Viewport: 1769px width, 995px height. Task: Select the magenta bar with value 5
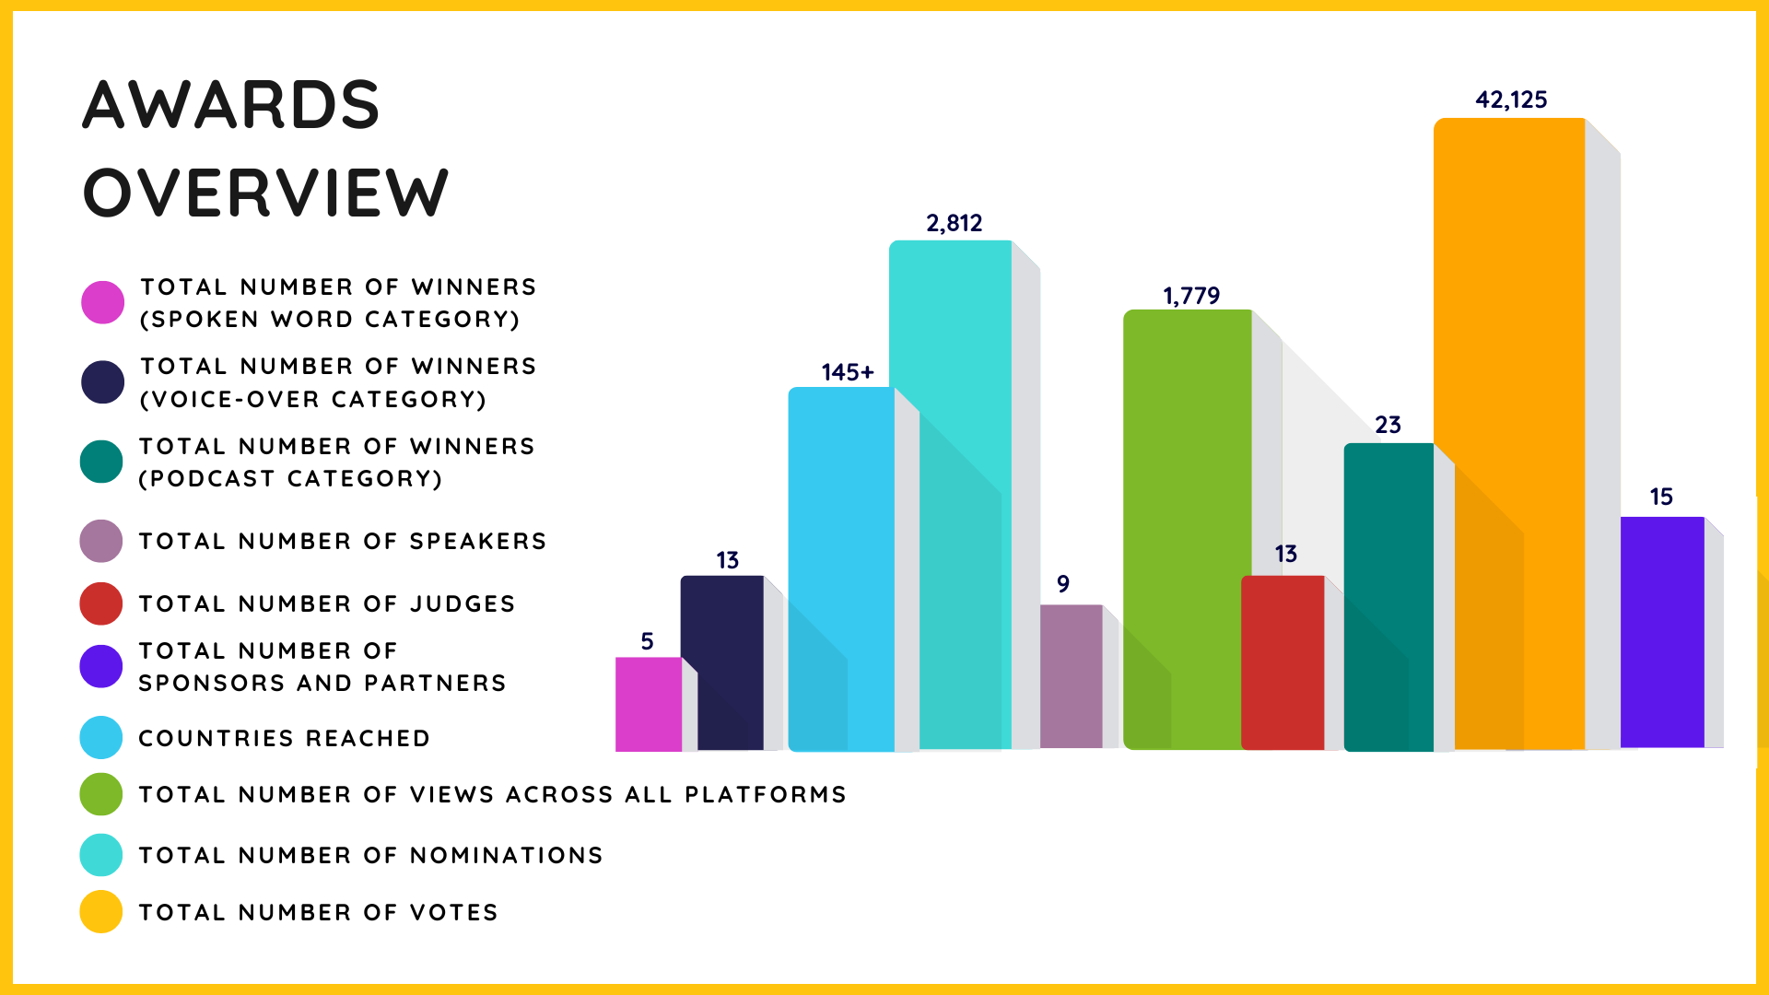coord(648,704)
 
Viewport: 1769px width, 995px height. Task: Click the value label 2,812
coord(954,223)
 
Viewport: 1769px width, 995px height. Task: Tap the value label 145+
coord(847,372)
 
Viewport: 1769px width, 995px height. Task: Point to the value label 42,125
coord(1511,99)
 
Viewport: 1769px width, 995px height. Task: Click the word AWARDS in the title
coord(231,104)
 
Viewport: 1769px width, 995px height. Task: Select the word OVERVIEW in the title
coord(265,193)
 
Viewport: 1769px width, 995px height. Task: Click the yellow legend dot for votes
coord(101,912)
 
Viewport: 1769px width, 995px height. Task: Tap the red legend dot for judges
coord(101,603)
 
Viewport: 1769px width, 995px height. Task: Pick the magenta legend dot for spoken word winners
coord(102,302)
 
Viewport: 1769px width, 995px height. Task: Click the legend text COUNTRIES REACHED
coord(284,738)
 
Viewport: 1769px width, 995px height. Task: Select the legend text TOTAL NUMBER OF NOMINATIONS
coord(370,855)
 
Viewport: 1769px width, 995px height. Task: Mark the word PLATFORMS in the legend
coord(766,794)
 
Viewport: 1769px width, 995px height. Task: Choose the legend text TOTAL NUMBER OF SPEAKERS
coord(342,541)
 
